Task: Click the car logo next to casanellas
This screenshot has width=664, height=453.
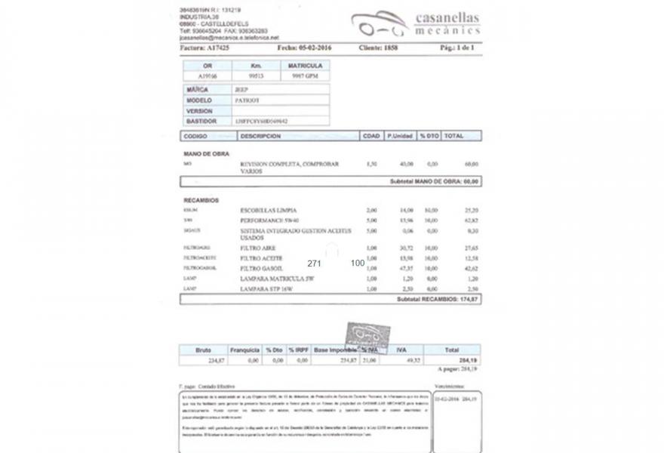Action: [379, 24]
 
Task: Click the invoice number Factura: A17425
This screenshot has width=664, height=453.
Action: [204, 48]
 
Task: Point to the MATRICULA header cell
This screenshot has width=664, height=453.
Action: [306, 66]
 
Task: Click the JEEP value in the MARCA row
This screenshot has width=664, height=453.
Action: [241, 89]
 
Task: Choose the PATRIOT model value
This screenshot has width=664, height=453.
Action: [247, 100]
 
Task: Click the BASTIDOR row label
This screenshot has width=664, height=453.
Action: [201, 121]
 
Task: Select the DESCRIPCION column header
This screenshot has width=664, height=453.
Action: [260, 137]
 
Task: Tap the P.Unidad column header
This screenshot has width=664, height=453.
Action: [399, 137]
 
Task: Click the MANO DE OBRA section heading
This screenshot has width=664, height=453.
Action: [206, 154]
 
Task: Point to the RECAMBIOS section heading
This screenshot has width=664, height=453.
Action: [201, 200]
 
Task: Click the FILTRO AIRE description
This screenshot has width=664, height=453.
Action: [258, 248]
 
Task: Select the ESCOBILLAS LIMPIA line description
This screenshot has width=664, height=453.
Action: [268, 210]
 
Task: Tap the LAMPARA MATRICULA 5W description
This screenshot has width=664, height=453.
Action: [277, 279]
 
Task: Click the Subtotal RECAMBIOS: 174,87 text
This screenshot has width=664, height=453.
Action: [437, 300]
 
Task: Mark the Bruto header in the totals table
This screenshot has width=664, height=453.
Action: [203, 350]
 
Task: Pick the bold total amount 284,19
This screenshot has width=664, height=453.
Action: [469, 360]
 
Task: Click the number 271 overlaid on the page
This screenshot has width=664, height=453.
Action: [315, 263]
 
